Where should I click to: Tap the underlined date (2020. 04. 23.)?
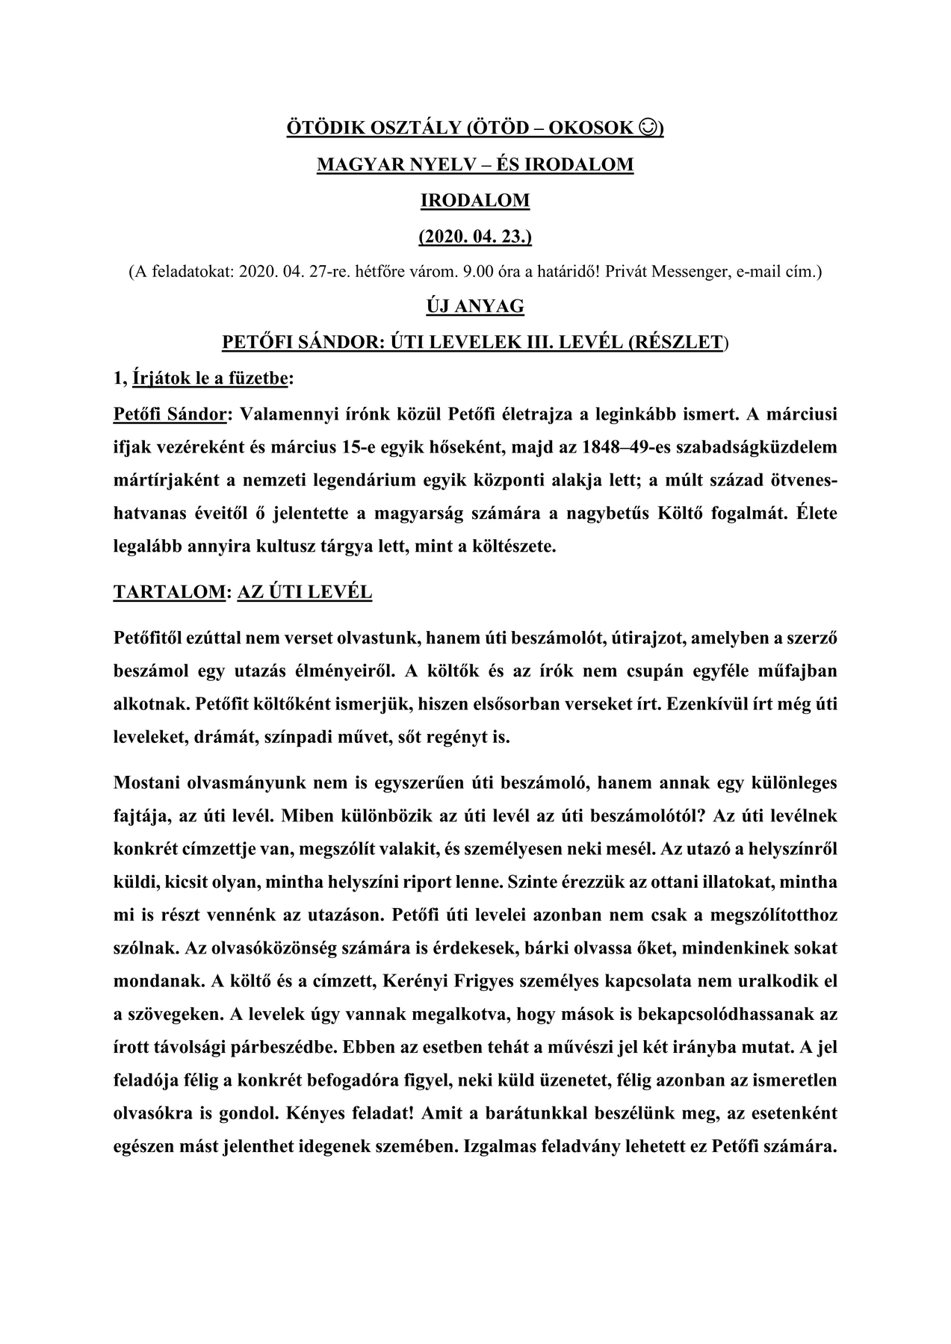[475, 237]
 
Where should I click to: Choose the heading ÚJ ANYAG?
[475, 306]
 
